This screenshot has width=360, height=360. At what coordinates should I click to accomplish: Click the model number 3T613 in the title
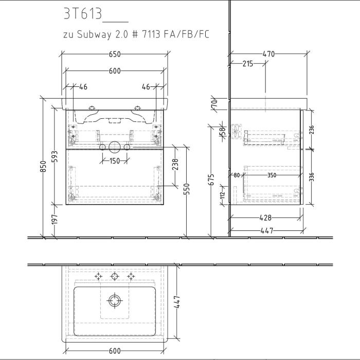82,14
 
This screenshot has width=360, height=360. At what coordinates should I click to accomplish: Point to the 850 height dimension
44,167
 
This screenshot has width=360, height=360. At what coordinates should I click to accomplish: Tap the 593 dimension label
55,156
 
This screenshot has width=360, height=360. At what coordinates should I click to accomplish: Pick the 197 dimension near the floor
55,220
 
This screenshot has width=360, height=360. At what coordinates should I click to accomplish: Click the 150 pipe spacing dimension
114,161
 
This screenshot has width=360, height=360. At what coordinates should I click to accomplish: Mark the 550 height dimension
187,189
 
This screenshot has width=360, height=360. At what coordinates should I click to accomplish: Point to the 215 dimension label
247,64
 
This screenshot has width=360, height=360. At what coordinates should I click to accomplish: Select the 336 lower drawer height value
311,177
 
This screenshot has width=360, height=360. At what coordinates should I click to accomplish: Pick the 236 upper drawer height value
311,130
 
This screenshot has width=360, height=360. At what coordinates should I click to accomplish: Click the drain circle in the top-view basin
114,299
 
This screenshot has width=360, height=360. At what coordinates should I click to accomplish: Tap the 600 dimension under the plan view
114,351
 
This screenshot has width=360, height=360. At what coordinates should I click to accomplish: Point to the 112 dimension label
223,194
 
